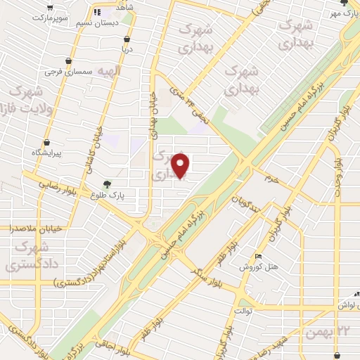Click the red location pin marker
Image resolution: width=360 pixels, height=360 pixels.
pyautogui.click(x=181, y=166)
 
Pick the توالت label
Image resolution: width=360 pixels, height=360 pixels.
pyautogui.click(x=243, y=310)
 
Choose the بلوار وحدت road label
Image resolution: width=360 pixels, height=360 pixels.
pyautogui.click(x=337, y=169)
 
